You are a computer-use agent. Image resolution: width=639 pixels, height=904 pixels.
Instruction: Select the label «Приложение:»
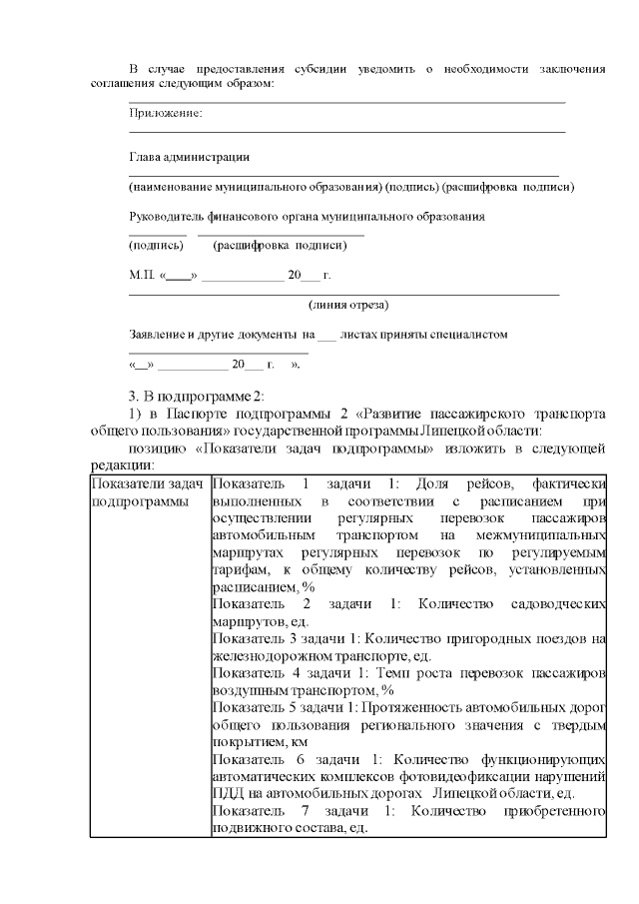point(166,114)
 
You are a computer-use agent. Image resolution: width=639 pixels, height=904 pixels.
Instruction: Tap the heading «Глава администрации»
point(189,157)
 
